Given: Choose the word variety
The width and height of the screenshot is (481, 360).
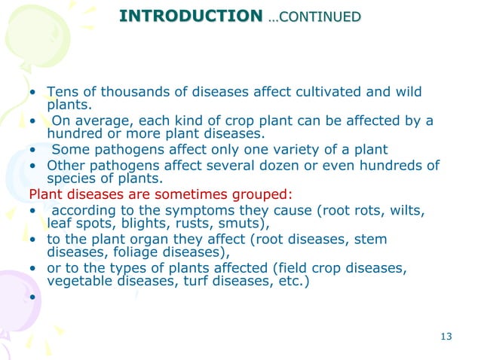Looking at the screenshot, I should click(299, 149).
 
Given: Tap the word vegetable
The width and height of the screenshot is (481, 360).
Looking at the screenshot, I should click(77, 281).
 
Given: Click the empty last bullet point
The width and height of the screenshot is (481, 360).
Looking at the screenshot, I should click(33, 297).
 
